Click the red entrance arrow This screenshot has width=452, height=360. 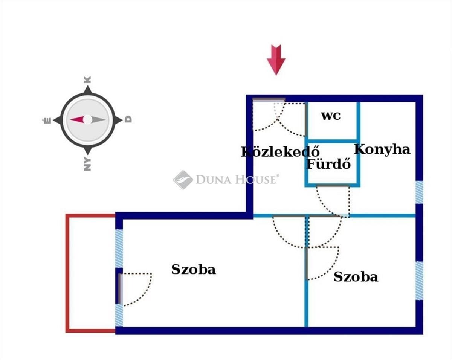pyautogui.click(x=276, y=60)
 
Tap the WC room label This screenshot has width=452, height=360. pyautogui.click(x=331, y=116)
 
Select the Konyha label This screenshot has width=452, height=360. pyautogui.click(x=382, y=150)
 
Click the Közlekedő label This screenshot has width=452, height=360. pyautogui.click(x=280, y=151)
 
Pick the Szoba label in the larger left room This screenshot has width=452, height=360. pyautogui.click(x=194, y=270)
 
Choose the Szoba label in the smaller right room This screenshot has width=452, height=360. pyautogui.click(x=356, y=277)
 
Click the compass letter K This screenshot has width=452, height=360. pyautogui.click(x=88, y=80)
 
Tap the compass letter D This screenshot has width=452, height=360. pyautogui.click(x=128, y=119)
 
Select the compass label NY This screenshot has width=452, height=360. pyautogui.click(x=87, y=164)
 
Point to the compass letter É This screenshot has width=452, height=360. pyautogui.click(x=47, y=121)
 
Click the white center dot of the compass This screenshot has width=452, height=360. pyautogui.click(x=87, y=119)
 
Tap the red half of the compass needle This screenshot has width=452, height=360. pyautogui.click(x=77, y=119)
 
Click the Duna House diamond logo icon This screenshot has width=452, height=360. pyautogui.click(x=183, y=180)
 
